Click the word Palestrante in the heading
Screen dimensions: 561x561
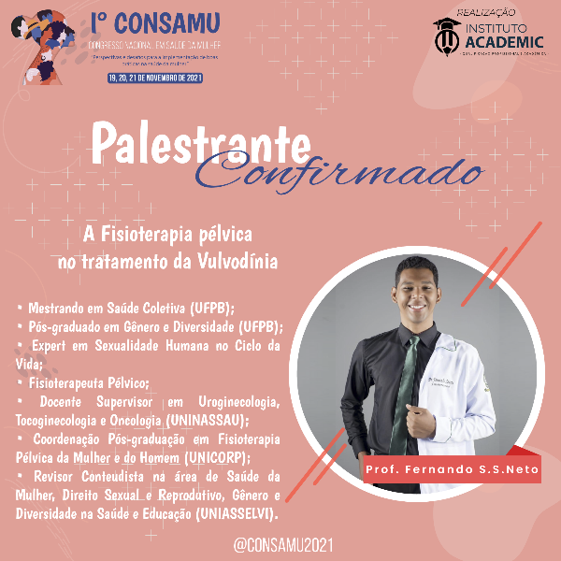[201, 143]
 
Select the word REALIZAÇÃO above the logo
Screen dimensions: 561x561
[487, 9]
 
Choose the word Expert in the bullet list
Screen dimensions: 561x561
[50, 346]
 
